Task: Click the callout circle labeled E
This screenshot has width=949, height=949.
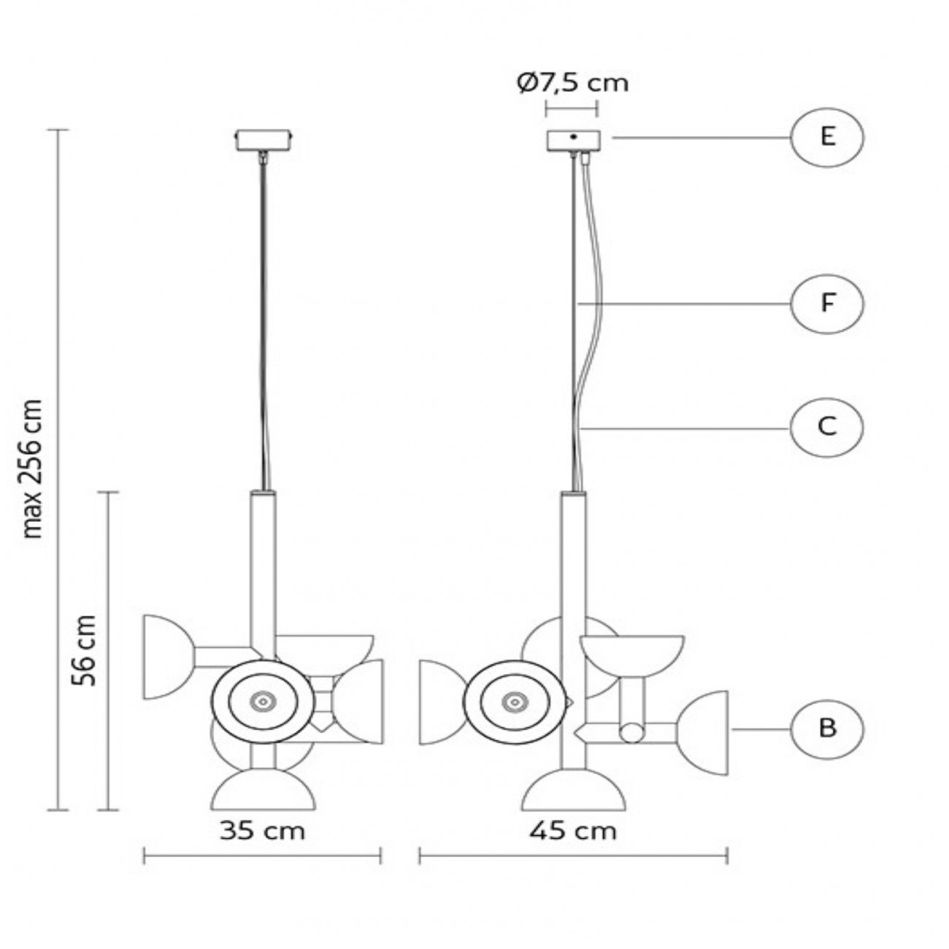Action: coord(826,137)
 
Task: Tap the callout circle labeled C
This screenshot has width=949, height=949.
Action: coord(826,426)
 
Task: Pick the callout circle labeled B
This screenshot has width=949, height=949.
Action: coord(826,729)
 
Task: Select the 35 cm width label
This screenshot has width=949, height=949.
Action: coord(262,830)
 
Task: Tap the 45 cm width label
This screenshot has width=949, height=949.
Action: coord(574,830)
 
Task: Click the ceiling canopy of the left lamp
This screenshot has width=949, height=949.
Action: coord(264,139)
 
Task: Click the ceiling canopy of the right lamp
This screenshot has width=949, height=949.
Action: coord(573,139)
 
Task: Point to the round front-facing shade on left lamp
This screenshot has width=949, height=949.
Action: coord(262,702)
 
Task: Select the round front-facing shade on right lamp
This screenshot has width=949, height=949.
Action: coord(515,702)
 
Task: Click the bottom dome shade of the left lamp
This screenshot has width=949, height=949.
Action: coord(264,793)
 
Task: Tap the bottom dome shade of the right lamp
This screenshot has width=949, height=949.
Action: coord(573,793)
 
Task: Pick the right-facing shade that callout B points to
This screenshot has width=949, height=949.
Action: coord(707,729)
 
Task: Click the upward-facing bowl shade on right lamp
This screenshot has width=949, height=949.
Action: coord(632,654)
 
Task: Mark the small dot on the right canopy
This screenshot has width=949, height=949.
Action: coord(574,137)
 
